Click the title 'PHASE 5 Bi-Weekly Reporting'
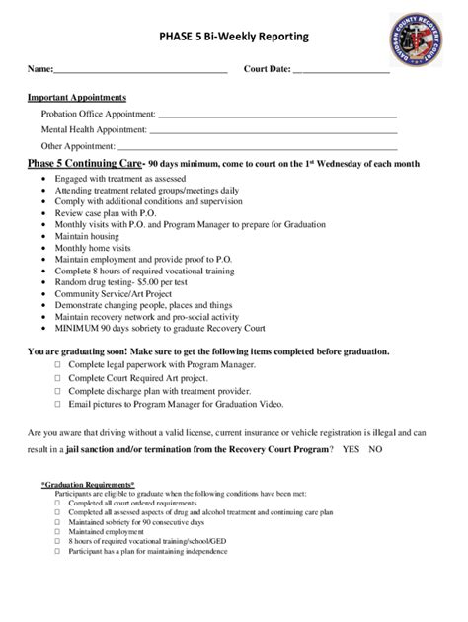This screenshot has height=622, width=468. [x=234, y=38]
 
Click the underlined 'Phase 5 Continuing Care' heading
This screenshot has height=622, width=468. [x=85, y=163]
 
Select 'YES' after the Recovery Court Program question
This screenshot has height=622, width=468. [x=351, y=449]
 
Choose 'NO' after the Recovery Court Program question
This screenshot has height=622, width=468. [x=375, y=449]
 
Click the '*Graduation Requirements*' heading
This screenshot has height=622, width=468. [x=89, y=486]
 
